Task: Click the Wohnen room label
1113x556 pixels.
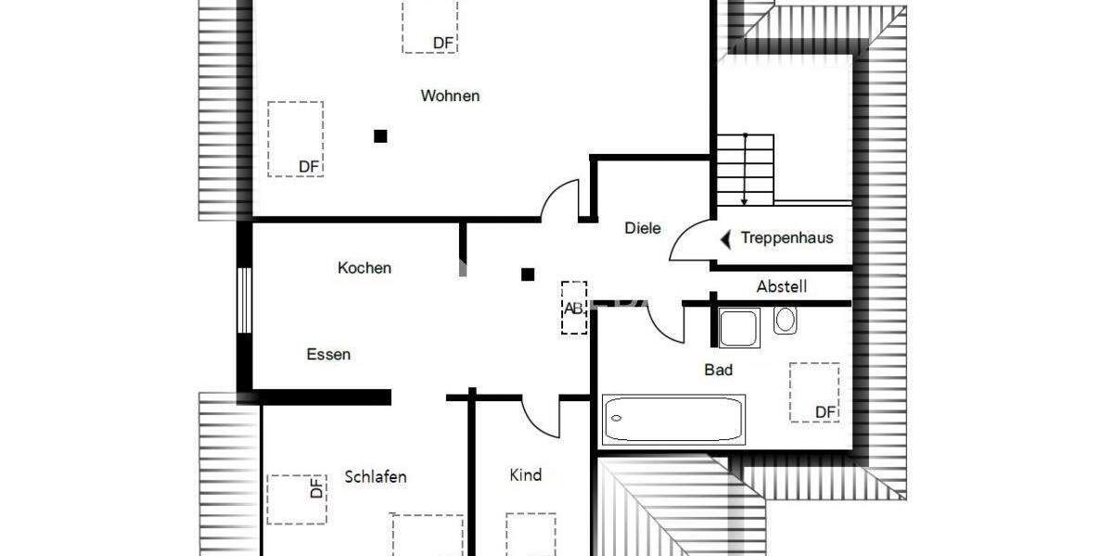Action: click(x=450, y=95)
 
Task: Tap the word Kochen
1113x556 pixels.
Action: click(x=365, y=268)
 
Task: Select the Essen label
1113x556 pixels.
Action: click(x=328, y=354)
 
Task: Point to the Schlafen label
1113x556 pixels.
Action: click(x=376, y=476)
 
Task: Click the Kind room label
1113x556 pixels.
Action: click(x=526, y=474)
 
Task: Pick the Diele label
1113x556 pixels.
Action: click(x=643, y=227)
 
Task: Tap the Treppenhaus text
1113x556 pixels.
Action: click(x=787, y=238)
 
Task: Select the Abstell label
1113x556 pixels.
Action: click(x=782, y=286)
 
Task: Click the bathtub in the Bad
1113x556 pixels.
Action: click(x=673, y=419)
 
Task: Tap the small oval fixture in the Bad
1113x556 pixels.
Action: click(x=785, y=320)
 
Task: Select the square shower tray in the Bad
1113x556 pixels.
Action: click(x=739, y=328)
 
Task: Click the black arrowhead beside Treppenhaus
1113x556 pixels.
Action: click(x=726, y=239)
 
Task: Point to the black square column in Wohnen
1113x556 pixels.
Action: click(x=380, y=136)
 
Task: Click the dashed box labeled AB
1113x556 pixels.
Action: click(x=574, y=307)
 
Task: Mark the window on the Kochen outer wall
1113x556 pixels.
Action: click(x=244, y=299)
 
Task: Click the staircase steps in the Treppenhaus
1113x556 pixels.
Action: click(x=745, y=170)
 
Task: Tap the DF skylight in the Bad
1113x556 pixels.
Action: click(x=814, y=392)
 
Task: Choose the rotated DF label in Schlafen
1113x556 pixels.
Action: click(x=315, y=488)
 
